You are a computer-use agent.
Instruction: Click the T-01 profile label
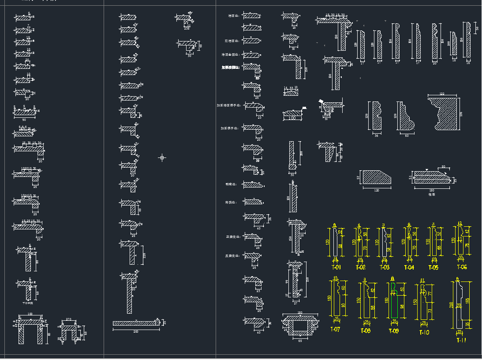tap(336, 267)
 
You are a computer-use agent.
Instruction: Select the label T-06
tap(461, 267)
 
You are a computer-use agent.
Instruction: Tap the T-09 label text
tap(394, 331)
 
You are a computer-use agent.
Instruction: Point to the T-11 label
tap(461, 340)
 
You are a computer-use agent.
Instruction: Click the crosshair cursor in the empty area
tap(162, 157)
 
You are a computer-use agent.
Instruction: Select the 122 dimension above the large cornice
tap(442, 94)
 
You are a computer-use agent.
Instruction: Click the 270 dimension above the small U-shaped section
tap(69, 319)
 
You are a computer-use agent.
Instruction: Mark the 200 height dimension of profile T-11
tap(451, 305)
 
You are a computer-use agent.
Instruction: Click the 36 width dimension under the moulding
tap(376, 135)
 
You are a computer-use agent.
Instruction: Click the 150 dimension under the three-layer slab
tap(431, 190)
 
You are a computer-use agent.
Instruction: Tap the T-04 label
tap(409, 267)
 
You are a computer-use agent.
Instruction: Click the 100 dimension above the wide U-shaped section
tap(30, 314)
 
